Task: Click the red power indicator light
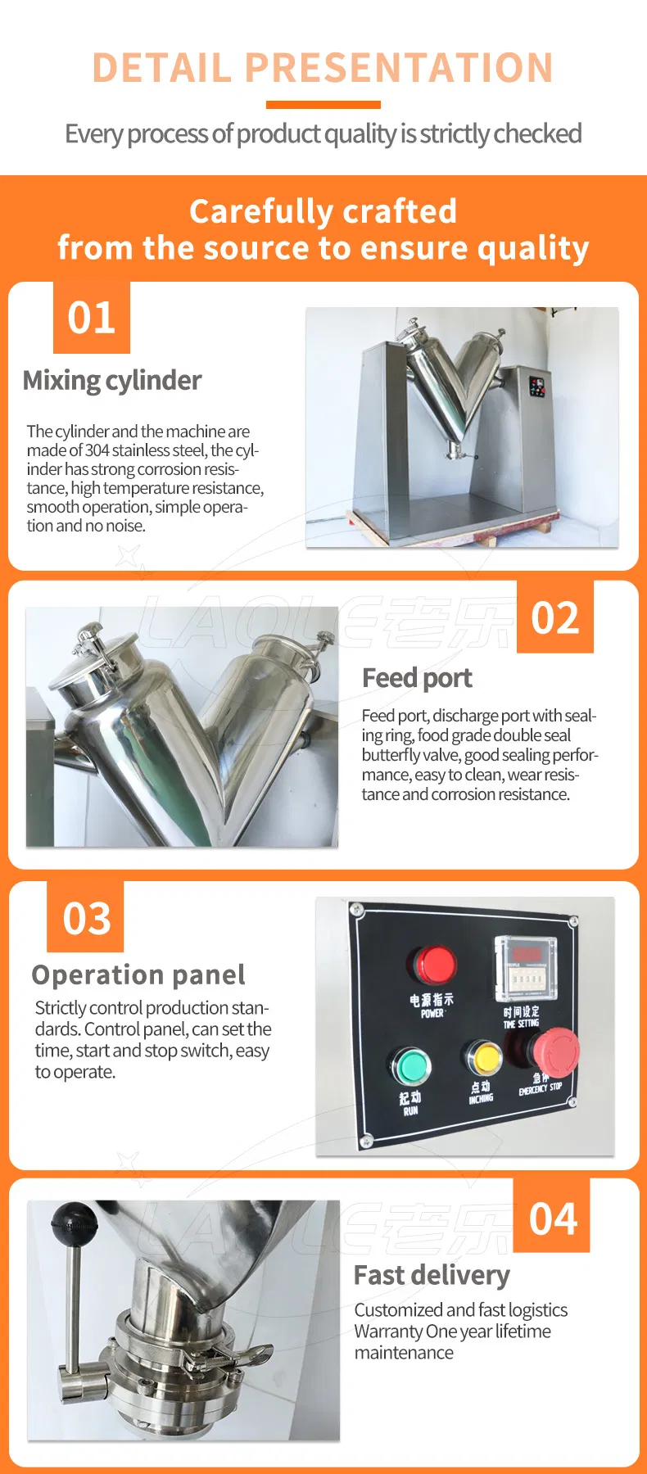click(x=433, y=965)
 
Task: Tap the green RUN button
click(x=410, y=1066)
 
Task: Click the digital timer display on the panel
click(x=526, y=967)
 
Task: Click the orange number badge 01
click(x=92, y=318)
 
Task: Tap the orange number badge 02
click(x=555, y=617)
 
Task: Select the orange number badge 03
click(x=85, y=917)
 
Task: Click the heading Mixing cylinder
click(x=112, y=381)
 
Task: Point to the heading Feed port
click(x=417, y=679)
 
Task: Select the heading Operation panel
click(x=138, y=975)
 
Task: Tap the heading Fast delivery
click(x=432, y=1276)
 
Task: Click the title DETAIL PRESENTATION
click(x=323, y=67)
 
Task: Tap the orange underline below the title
click(x=323, y=105)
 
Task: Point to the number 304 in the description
click(x=97, y=450)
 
